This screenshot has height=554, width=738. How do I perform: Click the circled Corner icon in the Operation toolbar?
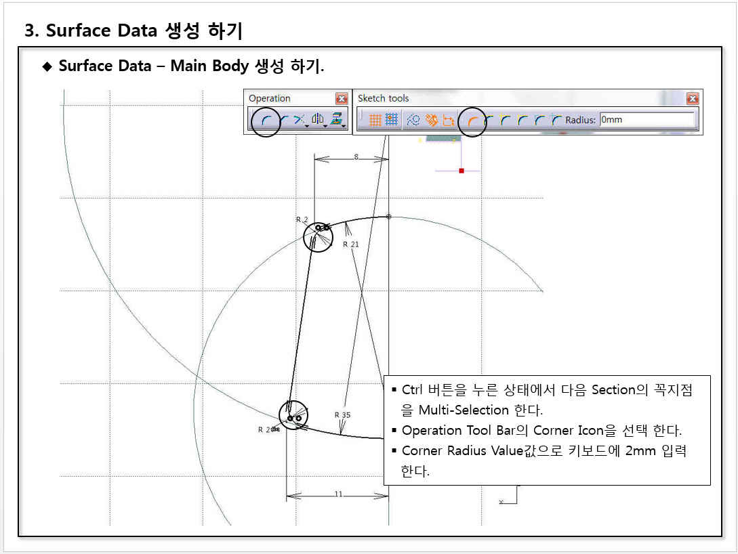(266, 121)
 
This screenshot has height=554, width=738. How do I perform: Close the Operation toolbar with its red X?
(342, 98)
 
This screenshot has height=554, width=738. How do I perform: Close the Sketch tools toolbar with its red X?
(693, 98)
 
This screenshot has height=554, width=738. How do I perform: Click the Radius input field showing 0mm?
(647, 120)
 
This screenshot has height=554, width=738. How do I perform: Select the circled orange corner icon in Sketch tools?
(472, 121)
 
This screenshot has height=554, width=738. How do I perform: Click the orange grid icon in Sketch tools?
(375, 120)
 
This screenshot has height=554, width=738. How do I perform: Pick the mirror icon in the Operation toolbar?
(318, 119)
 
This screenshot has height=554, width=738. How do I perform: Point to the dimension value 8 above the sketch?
(356, 156)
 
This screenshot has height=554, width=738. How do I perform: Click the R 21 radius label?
(350, 244)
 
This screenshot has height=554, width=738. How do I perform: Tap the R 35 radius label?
(343, 414)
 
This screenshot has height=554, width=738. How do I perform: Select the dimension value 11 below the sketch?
(338, 494)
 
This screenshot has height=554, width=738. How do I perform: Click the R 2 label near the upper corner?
(302, 219)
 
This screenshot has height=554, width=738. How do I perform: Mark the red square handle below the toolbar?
(462, 171)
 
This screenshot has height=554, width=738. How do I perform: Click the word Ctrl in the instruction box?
(412, 389)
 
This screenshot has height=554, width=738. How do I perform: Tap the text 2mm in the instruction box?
(640, 450)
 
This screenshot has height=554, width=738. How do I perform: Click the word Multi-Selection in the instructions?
(464, 410)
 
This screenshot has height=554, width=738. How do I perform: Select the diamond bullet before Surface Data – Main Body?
(47, 66)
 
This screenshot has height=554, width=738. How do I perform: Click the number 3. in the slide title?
(32, 30)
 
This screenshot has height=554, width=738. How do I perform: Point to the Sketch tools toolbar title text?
(383, 98)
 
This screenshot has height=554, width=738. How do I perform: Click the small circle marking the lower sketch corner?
(293, 414)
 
